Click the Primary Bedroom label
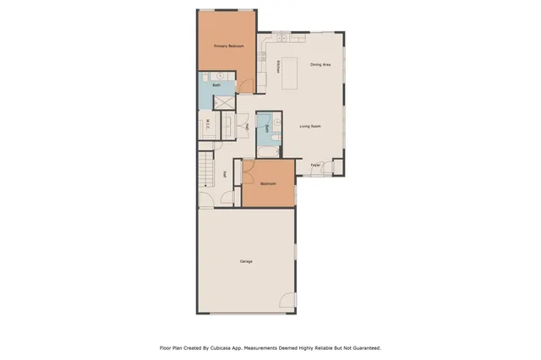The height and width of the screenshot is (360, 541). click(229, 46)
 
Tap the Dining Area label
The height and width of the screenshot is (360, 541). click(320, 64)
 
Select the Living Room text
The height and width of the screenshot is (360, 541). click(310, 127)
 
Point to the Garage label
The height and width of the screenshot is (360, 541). click(245, 261)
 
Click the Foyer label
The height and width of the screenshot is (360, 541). click(314, 164)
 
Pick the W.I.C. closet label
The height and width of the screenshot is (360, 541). click(208, 127)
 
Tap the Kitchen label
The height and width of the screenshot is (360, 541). click(277, 66)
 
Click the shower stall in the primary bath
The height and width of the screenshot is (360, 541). click(226, 101)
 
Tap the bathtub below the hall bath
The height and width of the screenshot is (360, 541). click(266, 150)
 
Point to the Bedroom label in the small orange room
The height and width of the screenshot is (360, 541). click(268, 183)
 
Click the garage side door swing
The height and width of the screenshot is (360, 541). click(287, 302)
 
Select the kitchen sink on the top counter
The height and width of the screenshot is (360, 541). click(279, 38)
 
